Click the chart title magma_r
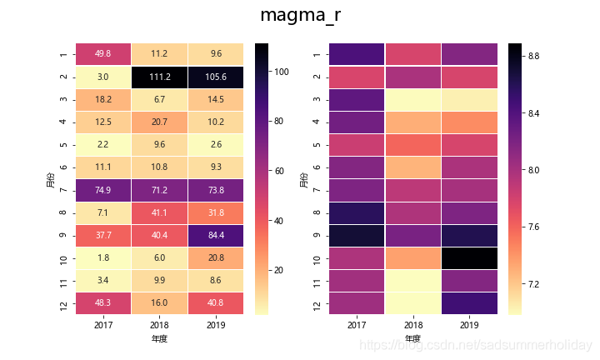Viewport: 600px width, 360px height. [300, 16]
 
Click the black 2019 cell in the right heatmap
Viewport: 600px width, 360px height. [468, 259]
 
